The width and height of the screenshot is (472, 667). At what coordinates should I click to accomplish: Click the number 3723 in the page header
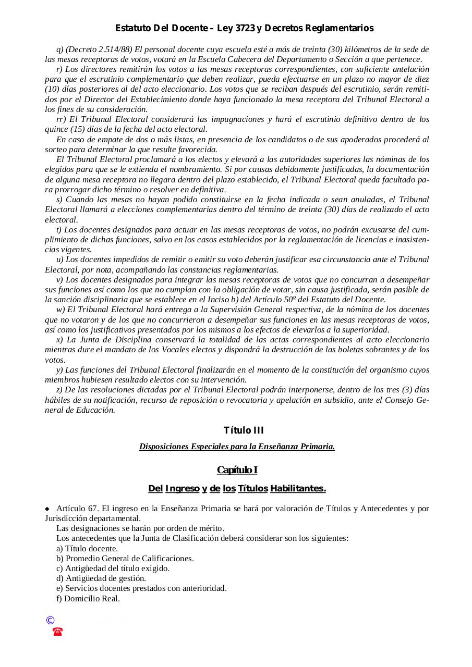click(245, 28)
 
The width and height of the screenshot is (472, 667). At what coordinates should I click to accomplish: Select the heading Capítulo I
click(237, 470)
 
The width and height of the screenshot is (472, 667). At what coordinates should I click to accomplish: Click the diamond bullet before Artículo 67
click(47, 508)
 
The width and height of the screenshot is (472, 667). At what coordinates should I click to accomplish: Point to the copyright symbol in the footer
click(50, 620)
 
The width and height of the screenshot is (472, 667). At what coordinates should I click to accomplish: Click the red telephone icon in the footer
click(57, 632)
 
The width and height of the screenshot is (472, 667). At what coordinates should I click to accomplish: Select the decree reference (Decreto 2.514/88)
click(99, 50)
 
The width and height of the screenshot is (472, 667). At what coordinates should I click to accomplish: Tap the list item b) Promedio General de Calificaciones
click(125, 558)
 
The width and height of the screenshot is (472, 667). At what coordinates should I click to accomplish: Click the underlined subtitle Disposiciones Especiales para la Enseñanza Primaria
click(237, 446)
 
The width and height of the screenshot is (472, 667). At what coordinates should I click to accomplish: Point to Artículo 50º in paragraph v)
click(296, 300)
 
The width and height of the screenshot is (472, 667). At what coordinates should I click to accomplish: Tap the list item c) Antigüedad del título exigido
click(113, 568)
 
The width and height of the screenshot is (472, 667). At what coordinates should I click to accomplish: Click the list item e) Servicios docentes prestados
click(141, 588)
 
